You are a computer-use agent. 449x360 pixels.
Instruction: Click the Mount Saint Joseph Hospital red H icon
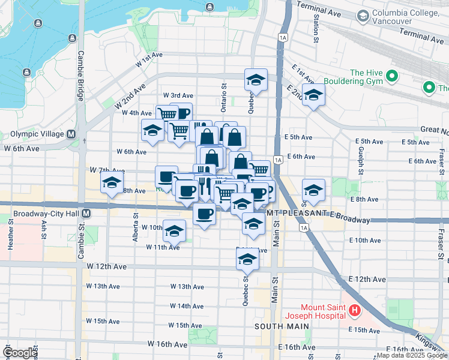[x=355, y=311]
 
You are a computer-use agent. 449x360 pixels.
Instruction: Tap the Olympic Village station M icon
[x=71, y=134]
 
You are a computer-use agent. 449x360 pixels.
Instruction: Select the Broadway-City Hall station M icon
[x=87, y=213]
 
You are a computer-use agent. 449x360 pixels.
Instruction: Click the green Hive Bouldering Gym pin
[x=391, y=77]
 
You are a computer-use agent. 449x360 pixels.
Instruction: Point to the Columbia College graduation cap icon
[x=362, y=17]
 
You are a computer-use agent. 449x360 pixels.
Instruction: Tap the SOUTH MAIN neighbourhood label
[x=282, y=326]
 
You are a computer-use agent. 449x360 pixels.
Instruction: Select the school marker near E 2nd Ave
[x=313, y=94]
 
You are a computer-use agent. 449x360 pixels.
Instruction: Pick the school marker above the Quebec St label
[x=246, y=259]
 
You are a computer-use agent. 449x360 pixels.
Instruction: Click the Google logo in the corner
[x=19, y=353]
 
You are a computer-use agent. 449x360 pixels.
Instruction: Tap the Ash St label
[x=44, y=228]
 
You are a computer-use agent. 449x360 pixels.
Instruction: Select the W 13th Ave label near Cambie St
[x=105, y=286]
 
